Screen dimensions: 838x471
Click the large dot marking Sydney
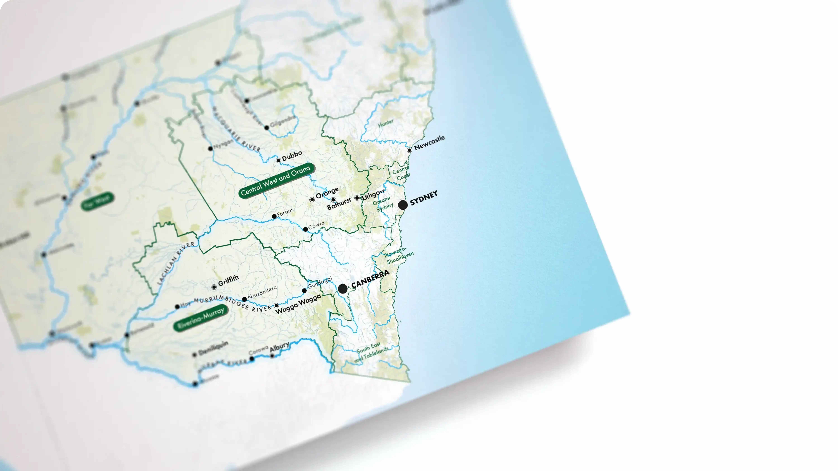click(x=403, y=205)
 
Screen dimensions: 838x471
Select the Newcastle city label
click(x=429, y=143)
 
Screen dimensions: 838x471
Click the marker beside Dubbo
click(x=278, y=160)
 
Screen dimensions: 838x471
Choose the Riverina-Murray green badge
click(x=201, y=318)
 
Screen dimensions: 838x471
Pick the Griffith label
click(x=228, y=280)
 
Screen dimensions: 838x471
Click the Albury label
click(x=279, y=347)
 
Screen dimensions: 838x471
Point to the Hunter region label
click(x=386, y=123)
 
